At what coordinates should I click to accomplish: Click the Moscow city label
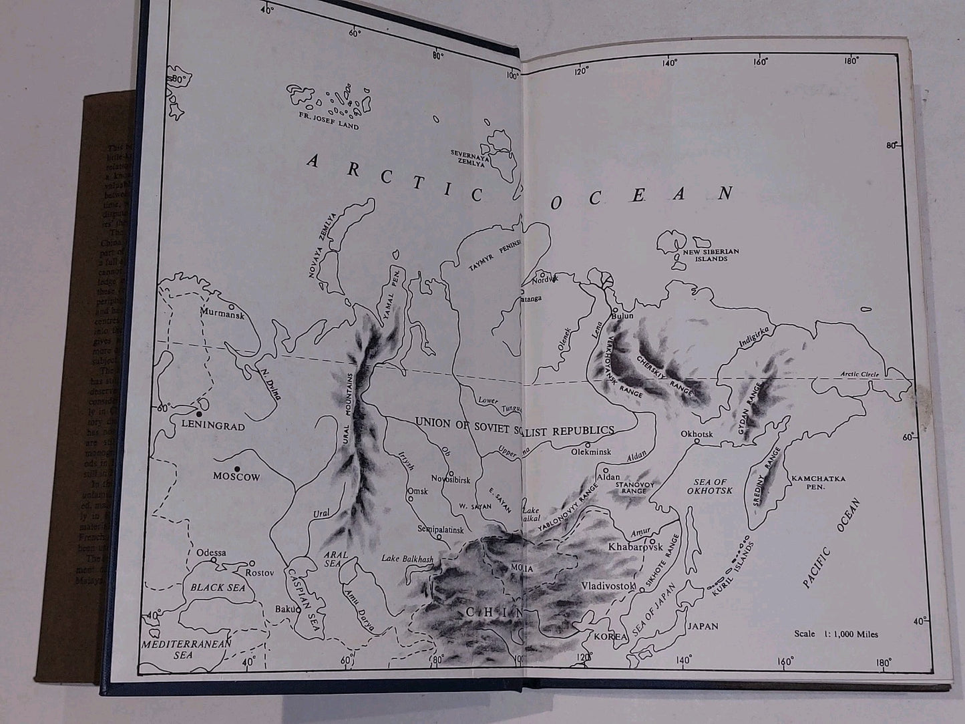click(x=236, y=478)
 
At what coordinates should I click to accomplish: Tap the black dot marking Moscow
click(x=237, y=468)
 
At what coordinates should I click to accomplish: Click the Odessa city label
click(x=211, y=553)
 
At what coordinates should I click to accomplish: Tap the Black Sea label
click(x=218, y=588)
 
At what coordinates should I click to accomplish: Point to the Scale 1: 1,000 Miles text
click(x=836, y=634)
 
